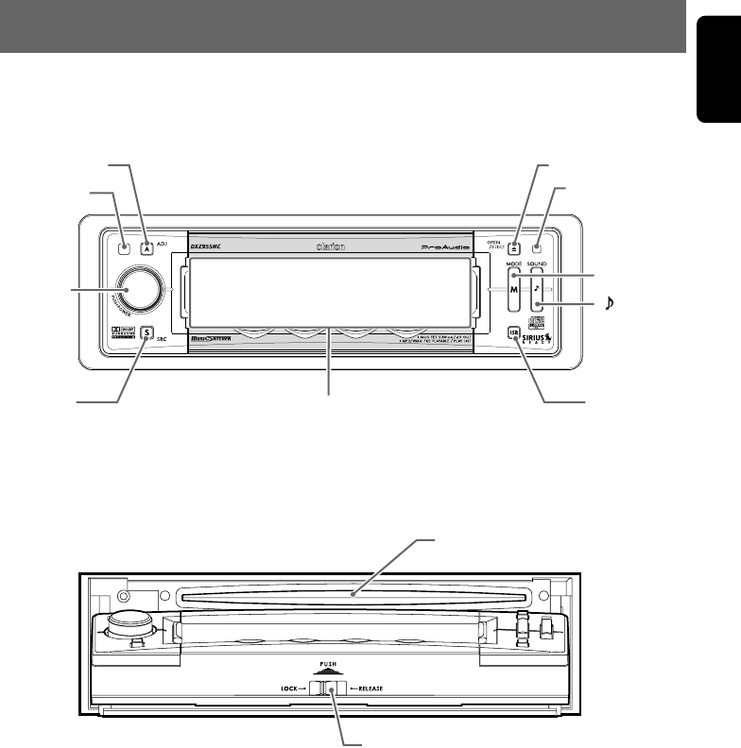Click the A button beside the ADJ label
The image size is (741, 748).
coord(146,249)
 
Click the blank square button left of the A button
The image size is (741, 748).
coord(125,249)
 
